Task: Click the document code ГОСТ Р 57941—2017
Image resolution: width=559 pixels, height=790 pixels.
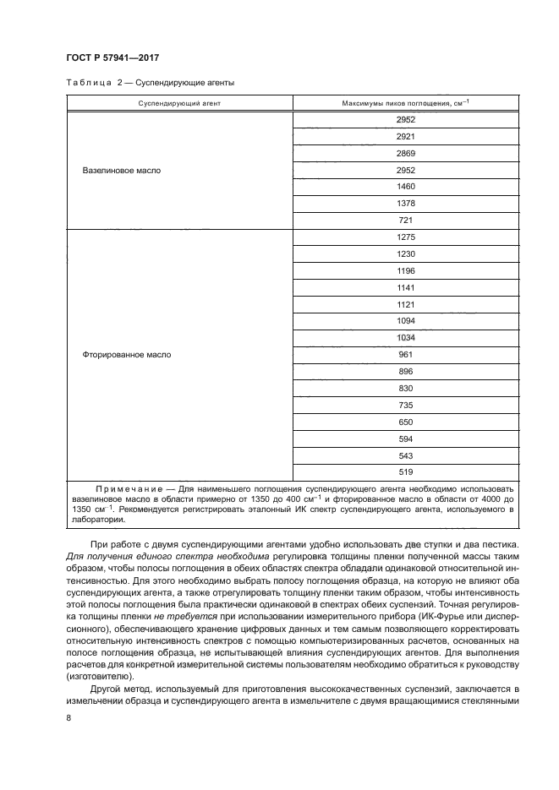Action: point(113,57)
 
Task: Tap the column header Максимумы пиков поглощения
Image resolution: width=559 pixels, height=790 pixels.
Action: point(405,102)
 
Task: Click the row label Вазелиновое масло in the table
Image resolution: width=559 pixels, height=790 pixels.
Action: point(122,170)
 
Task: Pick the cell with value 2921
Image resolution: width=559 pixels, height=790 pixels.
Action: point(405,136)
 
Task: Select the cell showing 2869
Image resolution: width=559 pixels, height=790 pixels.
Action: point(405,153)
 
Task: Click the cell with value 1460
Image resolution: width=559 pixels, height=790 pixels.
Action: point(405,187)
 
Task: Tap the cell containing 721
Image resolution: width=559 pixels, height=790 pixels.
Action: point(405,221)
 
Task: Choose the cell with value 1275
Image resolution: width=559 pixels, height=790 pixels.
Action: point(405,237)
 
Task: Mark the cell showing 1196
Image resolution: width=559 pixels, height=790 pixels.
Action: point(405,271)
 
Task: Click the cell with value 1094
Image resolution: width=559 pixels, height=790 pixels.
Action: point(405,321)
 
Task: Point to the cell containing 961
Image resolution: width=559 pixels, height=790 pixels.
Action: point(405,355)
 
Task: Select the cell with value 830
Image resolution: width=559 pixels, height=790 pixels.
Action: point(405,388)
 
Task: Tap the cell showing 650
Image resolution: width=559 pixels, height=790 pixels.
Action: point(405,422)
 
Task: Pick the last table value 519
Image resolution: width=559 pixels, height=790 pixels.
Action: point(405,472)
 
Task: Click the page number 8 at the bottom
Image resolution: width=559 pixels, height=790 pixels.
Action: point(69,717)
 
